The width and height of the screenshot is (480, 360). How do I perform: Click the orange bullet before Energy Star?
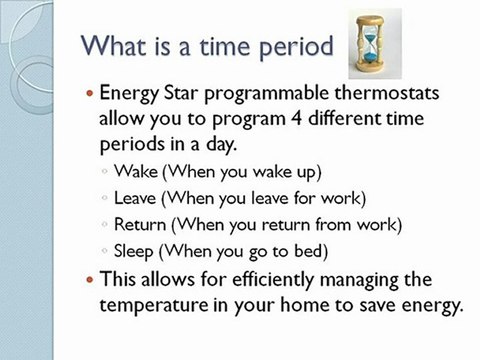[x=93, y=94]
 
